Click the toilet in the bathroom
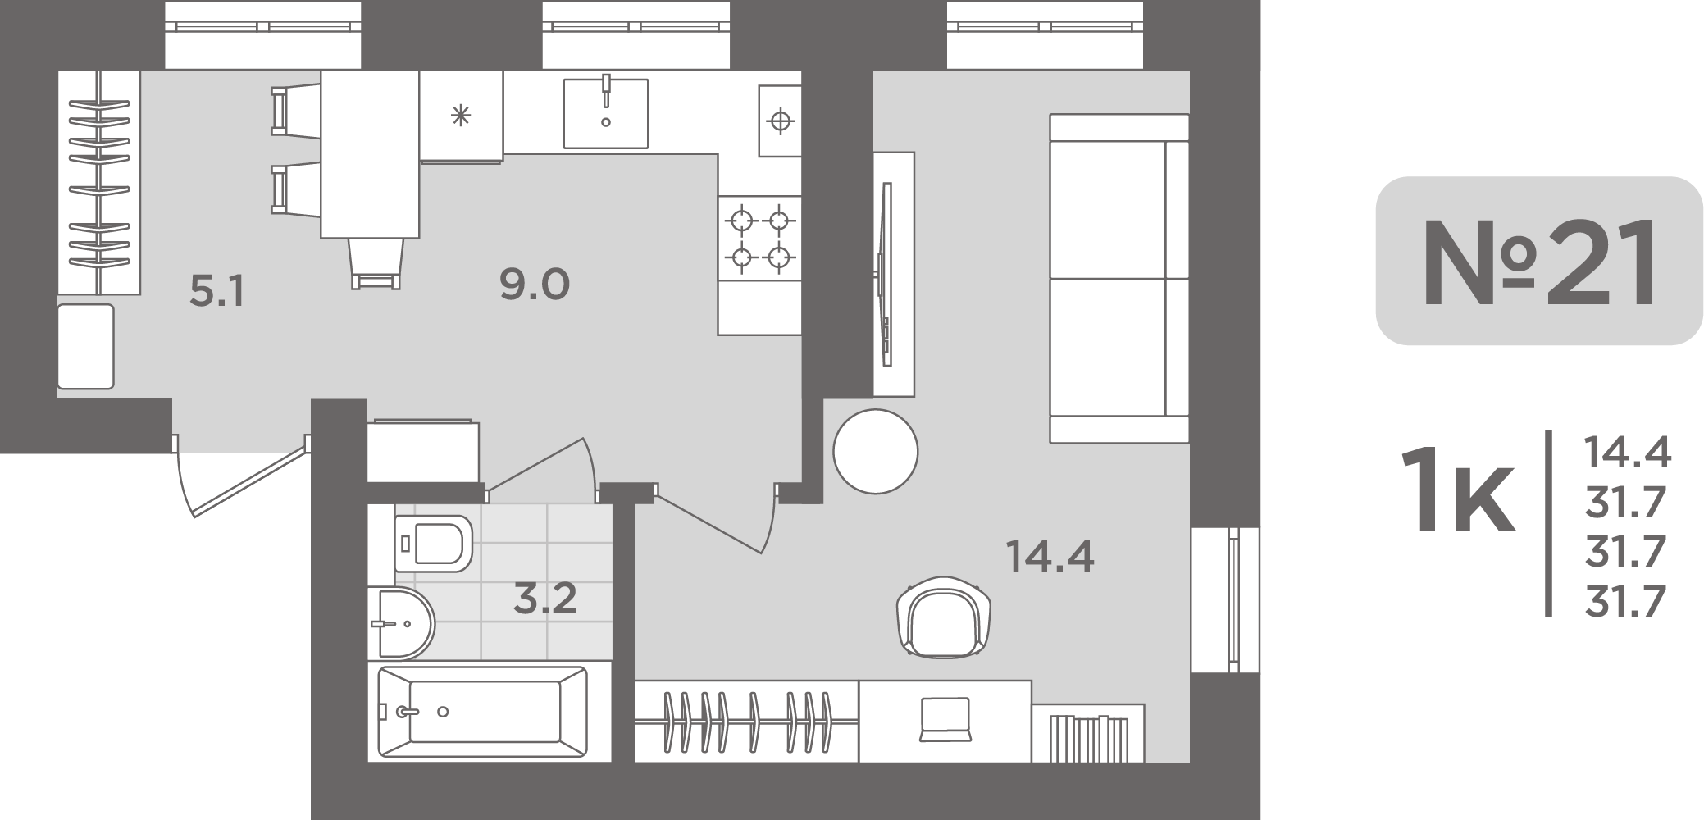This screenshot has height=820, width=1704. [x=433, y=543]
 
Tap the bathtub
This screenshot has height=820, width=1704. [x=483, y=712]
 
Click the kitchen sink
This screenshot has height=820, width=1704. [x=606, y=113]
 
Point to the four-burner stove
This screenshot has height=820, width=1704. [x=759, y=239]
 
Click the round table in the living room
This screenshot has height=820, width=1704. [x=875, y=452]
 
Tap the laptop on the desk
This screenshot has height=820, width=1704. [x=945, y=719]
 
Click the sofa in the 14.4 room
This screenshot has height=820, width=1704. [x=1119, y=279]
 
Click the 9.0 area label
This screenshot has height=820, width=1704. [x=535, y=285]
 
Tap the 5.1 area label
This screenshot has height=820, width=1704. [x=216, y=292]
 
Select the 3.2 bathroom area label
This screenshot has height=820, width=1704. [x=545, y=599]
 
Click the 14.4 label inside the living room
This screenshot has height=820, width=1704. [x=1050, y=558]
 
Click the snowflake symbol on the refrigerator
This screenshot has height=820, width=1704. [x=461, y=116]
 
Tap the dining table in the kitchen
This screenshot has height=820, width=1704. [x=370, y=154]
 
